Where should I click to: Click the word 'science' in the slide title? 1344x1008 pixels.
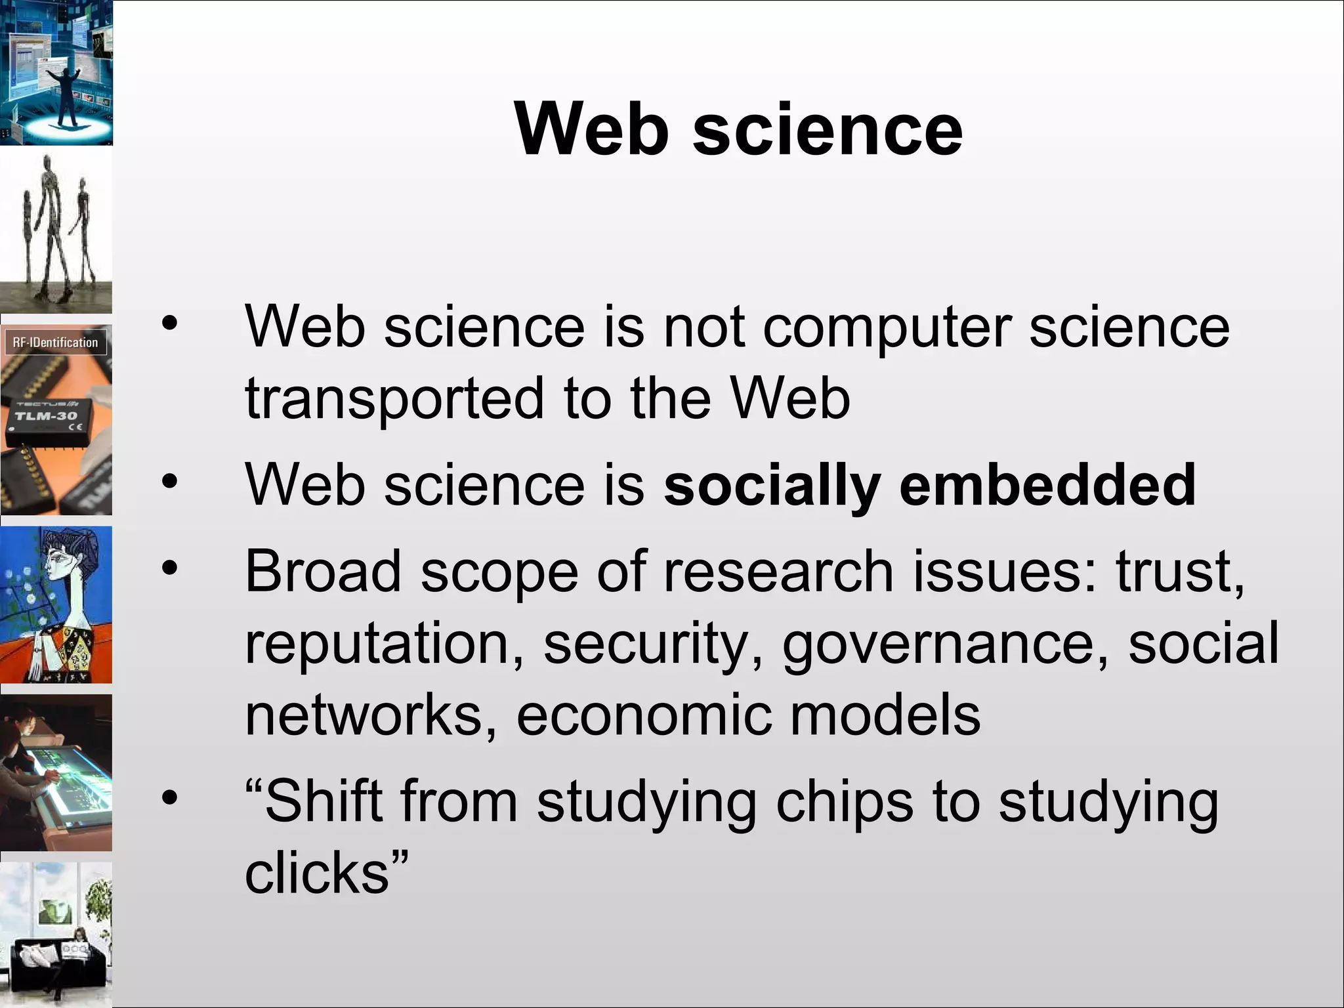pyautogui.click(x=828, y=131)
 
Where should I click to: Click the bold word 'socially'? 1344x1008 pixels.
pyautogui.click(x=772, y=486)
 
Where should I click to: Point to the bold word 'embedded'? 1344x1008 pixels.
pyautogui.click(x=1047, y=486)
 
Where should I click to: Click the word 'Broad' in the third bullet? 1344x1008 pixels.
pyautogui.click(x=322, y=571)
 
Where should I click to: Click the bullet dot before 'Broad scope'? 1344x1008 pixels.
pyautogui.click(x=170, y=568)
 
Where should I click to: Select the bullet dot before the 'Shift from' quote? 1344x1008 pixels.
pyautogui.click(x=170, y=798)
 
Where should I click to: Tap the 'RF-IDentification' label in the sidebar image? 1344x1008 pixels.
pyautogui.click(x=55, y=343)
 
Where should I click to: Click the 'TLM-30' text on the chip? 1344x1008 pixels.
pyautogui.click(x=46, y=416)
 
